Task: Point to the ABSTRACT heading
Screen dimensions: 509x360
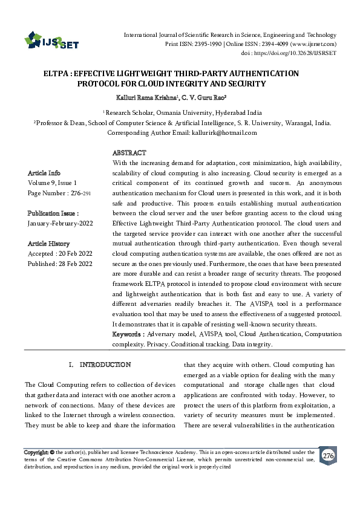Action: coord(129,153)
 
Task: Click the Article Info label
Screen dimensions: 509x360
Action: coord(44,172)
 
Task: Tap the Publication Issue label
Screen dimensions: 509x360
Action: coord(53,213)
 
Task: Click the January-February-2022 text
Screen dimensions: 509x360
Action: coord(59,223)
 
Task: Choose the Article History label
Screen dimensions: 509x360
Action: coord(49,244)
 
